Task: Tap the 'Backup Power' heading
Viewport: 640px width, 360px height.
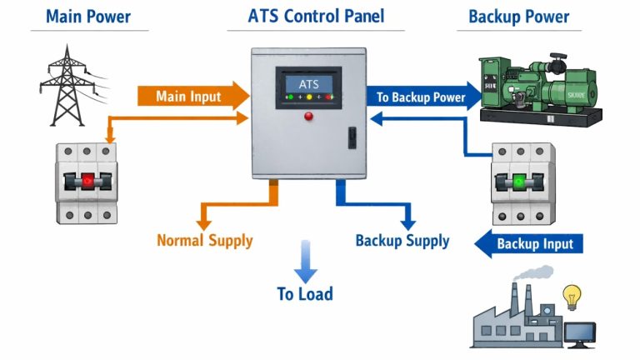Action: pos(518,16)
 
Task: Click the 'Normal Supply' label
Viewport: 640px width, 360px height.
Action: pos(204,242)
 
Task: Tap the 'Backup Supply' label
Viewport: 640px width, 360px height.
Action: pos(402,241)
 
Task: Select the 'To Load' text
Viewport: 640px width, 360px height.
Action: pos(305,293)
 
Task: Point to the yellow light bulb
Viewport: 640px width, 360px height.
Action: pos(572,296)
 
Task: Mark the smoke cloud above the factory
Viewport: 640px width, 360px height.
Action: pos(532,275)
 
